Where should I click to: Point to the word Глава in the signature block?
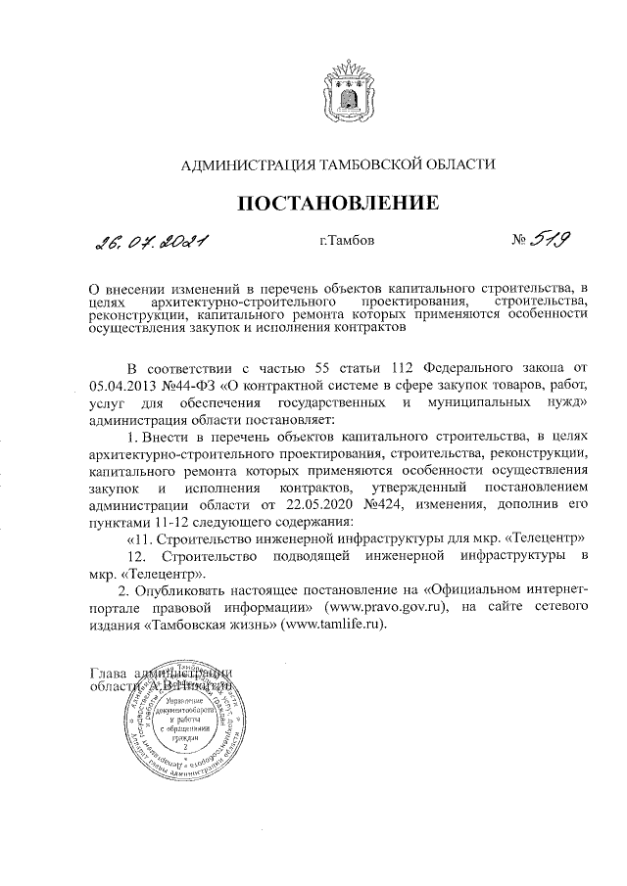pos(108,673)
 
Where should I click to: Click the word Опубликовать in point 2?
pos(183,591)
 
